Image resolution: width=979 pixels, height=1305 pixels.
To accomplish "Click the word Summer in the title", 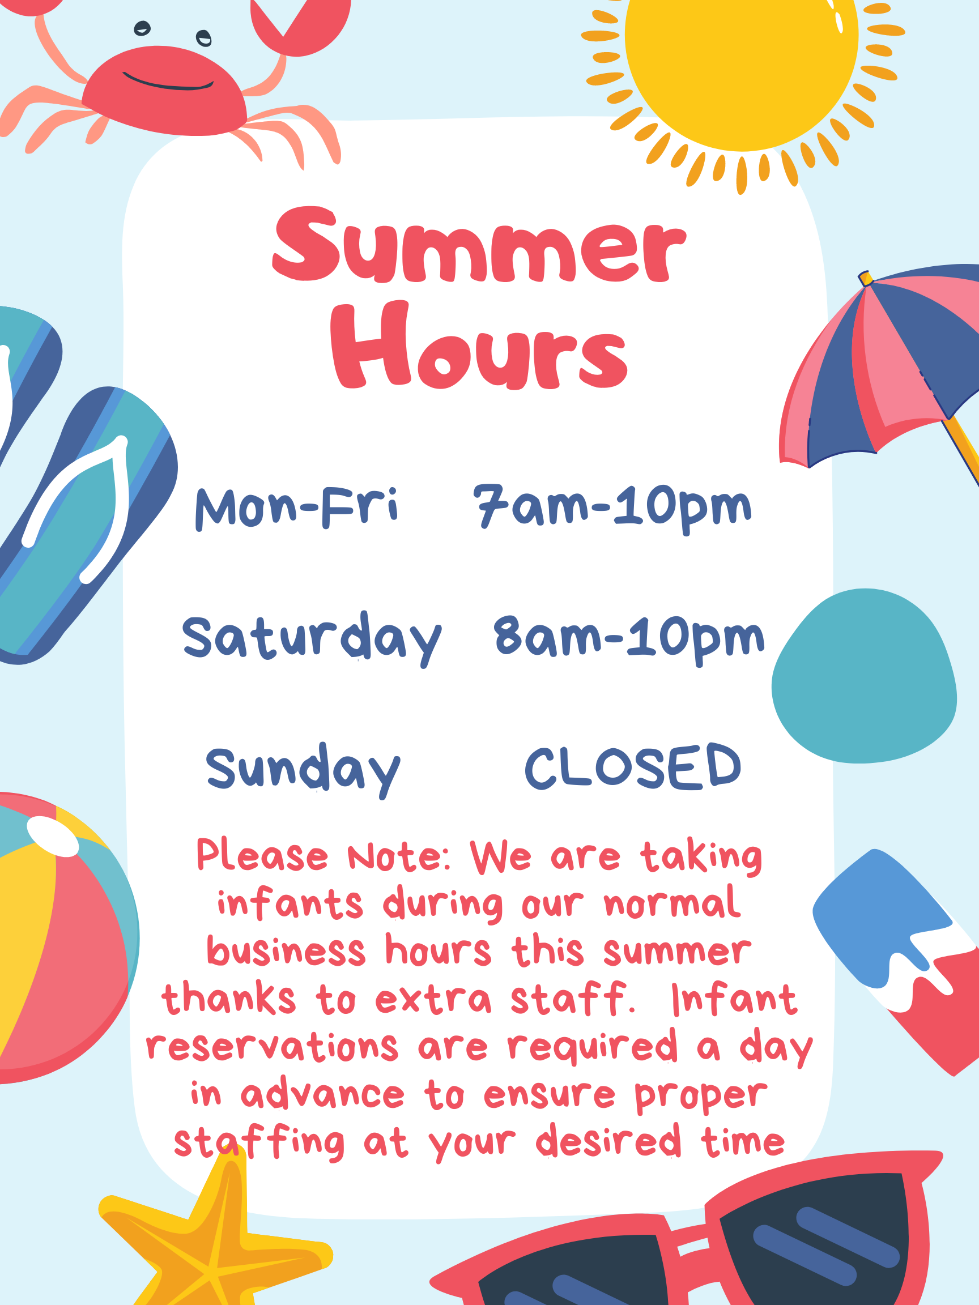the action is pos(479,244).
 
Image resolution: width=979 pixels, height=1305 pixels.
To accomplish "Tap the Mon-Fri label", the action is pos(297,508).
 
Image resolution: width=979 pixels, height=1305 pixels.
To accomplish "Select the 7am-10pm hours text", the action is pos(612,509).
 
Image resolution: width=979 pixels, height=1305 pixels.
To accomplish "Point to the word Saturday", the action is pos(312,639).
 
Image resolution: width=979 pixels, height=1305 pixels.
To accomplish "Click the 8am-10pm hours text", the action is pos(629,640).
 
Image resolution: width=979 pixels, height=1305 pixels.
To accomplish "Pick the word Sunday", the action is pos(303,770).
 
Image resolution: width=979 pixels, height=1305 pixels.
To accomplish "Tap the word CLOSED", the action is pos(633,767).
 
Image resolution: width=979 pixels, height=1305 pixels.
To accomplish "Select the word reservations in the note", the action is pos(272,1046).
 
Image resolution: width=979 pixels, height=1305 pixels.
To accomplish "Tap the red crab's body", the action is pos(164,91).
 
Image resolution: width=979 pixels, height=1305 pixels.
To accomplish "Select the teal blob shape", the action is pos(863,676).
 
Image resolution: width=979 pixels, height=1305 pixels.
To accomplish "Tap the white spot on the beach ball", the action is pos(53,836).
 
